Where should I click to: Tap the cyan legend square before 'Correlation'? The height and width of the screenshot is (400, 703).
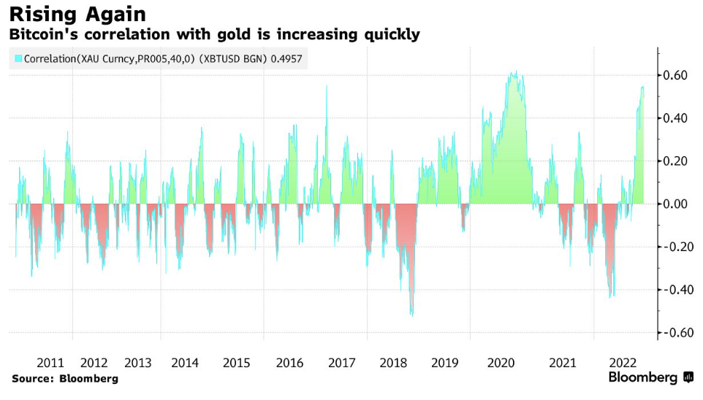click(18, 59)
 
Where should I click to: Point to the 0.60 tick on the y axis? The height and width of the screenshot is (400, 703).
click(675, 75)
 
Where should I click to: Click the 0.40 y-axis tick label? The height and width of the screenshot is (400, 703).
click(675, 118)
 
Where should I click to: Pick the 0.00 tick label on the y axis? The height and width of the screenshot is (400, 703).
click(675, 204)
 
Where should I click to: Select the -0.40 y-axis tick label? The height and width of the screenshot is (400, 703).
click(673, 290)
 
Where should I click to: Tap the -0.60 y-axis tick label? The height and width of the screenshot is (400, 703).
click(673, 333)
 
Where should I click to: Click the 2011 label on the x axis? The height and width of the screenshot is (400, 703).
click(50, 363)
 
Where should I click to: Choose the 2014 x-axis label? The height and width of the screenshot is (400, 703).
click(185, 363)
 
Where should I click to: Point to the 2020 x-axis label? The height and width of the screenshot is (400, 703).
click(501, 363)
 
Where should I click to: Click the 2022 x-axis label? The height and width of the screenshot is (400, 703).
click(626, 363)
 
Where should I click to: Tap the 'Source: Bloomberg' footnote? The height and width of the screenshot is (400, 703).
click(65, 379)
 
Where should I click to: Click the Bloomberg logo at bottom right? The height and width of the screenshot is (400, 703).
click(650, 377)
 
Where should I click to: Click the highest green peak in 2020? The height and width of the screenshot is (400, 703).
click(514, 72)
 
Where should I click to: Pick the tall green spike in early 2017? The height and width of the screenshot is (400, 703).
click(327, 87)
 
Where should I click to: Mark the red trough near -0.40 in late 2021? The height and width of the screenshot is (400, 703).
click(611, 296)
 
